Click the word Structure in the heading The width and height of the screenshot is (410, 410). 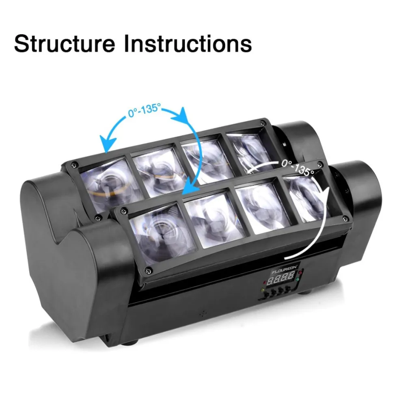[65, 44]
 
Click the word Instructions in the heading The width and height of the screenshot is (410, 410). [188, 43]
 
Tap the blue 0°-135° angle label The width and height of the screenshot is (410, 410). [145, 110]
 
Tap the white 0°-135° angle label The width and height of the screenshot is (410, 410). [298, 168]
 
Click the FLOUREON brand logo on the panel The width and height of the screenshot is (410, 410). [285, 270]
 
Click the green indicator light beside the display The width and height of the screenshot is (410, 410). [298, 280]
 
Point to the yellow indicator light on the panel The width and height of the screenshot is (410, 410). [263, 290]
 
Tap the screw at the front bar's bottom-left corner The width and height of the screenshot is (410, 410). [149, 271]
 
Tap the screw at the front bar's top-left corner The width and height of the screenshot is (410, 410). [125, 210]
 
